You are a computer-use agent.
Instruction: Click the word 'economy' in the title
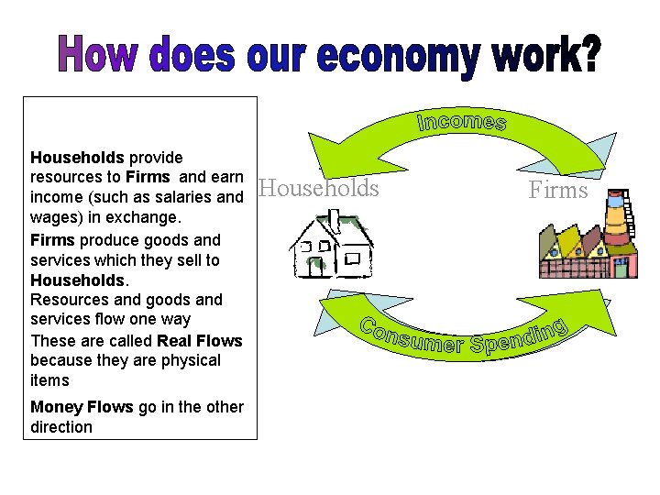tap(398, 58)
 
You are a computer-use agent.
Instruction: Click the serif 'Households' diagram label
tap(319, 189)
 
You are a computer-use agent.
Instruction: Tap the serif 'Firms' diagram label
tap(557, 190)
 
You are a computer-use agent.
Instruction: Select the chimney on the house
tap(335, 220)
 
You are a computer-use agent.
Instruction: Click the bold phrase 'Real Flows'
tap(200, 341)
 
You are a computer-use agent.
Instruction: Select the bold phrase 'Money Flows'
tap(82, 407)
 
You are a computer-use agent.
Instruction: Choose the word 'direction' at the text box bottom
tap(61, 427)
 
